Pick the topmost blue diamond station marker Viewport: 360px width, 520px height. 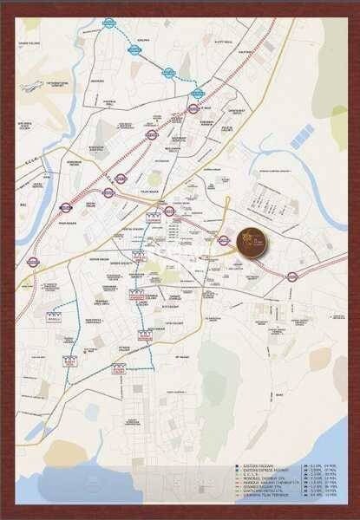click(109, 23)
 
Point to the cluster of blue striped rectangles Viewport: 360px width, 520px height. click(303, 135)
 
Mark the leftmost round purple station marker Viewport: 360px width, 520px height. click(33, 261)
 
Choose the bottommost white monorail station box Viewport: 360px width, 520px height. click(119, 369)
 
